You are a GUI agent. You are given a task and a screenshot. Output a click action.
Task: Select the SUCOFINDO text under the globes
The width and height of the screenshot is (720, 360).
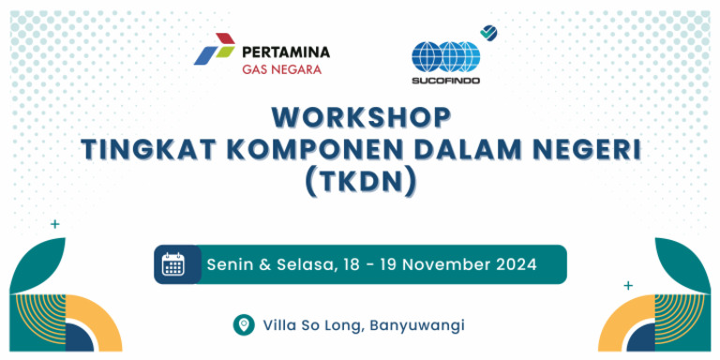point(445,80)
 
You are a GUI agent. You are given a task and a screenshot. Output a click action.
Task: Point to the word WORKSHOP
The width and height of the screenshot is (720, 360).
point(361,117)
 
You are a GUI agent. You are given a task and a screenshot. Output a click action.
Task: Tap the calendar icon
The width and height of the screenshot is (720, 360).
point(173,264)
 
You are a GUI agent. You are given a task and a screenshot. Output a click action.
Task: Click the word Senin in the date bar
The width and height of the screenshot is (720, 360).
point(230,264)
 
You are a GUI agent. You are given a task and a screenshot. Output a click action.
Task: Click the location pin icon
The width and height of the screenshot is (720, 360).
point(244,324)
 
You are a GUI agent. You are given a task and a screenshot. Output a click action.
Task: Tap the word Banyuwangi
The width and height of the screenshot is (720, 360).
point(417,325)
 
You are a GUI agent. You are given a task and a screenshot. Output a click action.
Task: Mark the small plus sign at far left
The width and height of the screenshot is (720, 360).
point(54,224)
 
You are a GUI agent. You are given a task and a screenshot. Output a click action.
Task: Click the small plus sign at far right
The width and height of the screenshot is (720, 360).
point(628,284)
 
